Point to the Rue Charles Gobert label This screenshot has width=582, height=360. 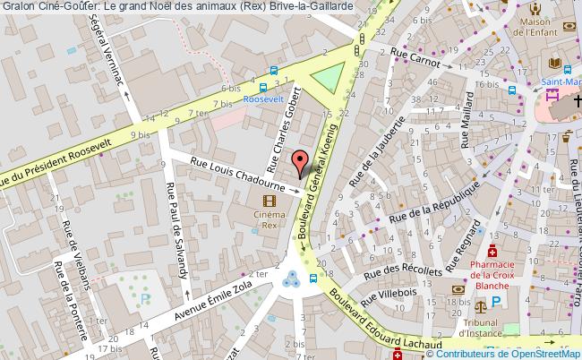pos(281,135)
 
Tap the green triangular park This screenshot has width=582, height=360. pos(329,78)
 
